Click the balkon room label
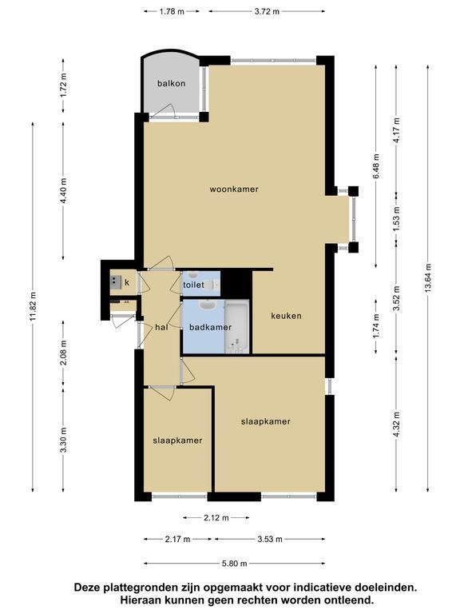[x=172, y=83]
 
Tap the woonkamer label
[x=234, y=189]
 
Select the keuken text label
[x=287, y=316]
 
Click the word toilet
[x=193, y=285]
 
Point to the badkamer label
[x=211, y=327]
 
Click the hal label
[x=161, y=327]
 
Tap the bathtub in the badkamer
[x=236, y=326]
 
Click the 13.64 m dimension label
[x=428, y=277]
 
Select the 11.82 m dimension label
[x=33, y=307]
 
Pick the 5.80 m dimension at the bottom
[x=234, y=564]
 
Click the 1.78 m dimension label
[x=172, y=11]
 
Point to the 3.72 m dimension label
[x=267, y=11]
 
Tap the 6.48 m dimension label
[x=376, y=166]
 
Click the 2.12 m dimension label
[x=216, y=518]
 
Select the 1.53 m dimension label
[x=397, y=218]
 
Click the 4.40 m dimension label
[x=63, y=190]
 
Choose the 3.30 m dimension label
[x=63, y=440]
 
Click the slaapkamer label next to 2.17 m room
[x=177, y=441]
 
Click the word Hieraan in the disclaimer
[x=141, y=600]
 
